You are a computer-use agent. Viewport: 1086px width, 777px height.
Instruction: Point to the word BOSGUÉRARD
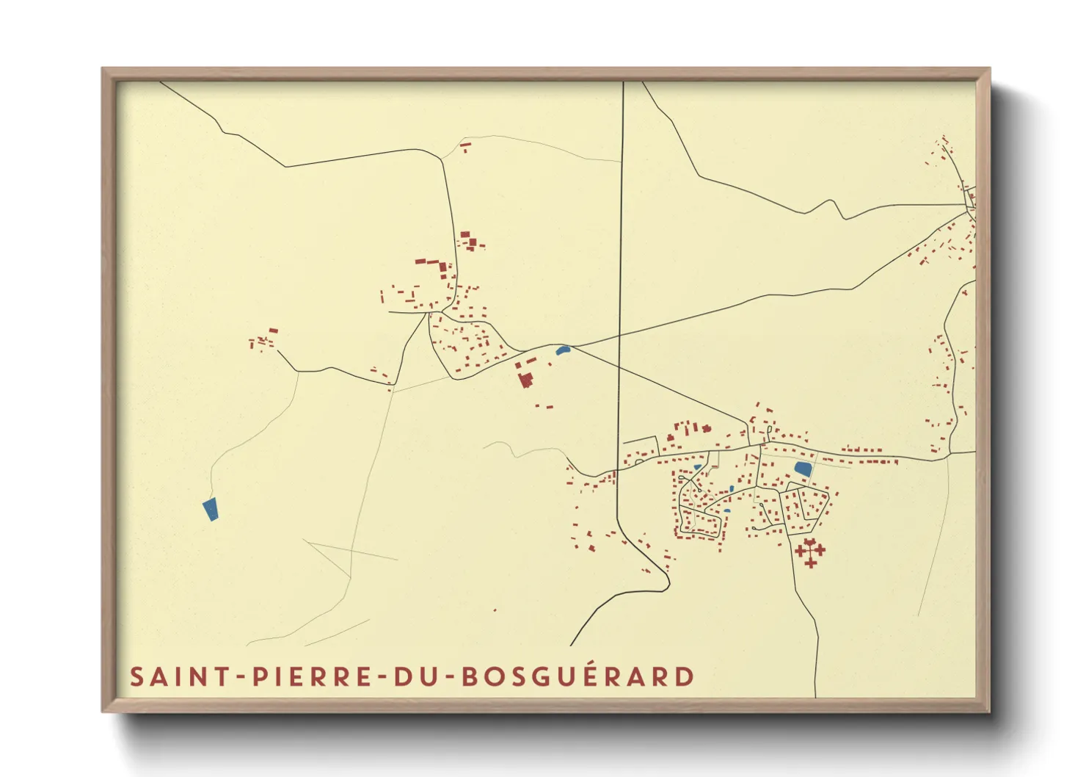pyautogui.click(x=578, y=676)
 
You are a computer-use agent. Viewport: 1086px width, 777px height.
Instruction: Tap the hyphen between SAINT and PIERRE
pyautogui.click(x=241, y=677)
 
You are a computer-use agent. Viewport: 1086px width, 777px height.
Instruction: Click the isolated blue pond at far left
pyautogui.click(x=210, y=508)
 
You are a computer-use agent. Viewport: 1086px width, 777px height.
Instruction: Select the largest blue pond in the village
pyautogui.click(x=803, y=469)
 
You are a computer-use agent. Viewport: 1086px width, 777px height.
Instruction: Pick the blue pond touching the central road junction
pyautogui.click(x=564, y=350)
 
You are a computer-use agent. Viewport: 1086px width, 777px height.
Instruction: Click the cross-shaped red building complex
pyautogui.click(x=809, y=551)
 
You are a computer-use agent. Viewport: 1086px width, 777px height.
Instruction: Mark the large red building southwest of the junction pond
pyautogui.click(x=525, y=380)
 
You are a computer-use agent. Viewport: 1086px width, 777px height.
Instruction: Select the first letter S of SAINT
pyautogui.click(x=136, y=676)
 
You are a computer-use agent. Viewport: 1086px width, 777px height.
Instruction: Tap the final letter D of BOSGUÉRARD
pyautogui.click(x=685, y=676)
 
